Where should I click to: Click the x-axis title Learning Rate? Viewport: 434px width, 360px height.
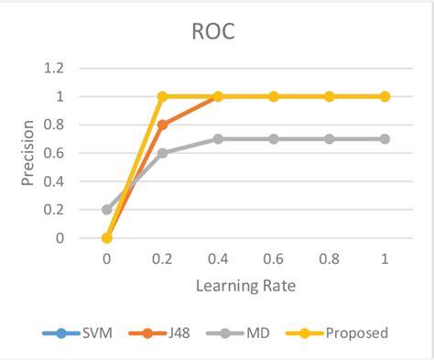[x=244, y=287]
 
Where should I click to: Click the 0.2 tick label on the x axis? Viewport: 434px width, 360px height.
[x=162, y=259]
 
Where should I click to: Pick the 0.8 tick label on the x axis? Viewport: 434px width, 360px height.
[x=329, y=259]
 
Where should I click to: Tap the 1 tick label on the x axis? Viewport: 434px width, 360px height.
[x=385, y=259]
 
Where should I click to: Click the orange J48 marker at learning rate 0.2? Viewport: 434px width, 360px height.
[x=162, y=125]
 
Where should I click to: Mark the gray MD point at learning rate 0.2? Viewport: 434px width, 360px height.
[x=162, y=153]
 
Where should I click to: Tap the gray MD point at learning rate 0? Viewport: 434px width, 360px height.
[x=106, y=210]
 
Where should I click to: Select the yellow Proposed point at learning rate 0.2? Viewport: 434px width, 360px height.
[x=162, y=96]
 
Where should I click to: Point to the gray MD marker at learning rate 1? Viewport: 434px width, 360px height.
[x=385, y=138]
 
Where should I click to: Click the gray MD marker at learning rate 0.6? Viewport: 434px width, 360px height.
[x=274, y=138]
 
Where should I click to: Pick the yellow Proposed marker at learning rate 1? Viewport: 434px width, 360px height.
[x=385, y=96]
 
